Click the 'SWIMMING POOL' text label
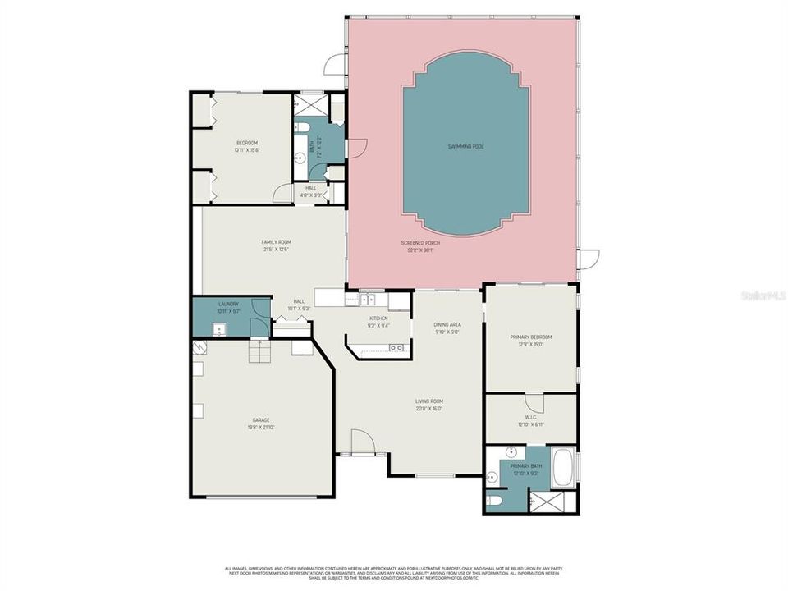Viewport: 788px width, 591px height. point(465,146)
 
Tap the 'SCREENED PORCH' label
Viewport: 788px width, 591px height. point(420,243)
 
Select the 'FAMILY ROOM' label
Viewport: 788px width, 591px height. point(276,242)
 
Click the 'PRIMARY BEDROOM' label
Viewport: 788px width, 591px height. point(530,337)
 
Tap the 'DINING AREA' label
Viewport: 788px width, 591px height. point(447,325)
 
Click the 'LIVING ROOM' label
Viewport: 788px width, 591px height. point(428,401)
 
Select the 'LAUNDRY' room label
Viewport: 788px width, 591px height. point(228,305)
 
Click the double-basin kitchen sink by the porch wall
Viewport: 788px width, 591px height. point(368,300)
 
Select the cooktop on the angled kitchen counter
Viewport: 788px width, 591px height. point(396,348)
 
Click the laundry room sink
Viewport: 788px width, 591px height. point(219,330)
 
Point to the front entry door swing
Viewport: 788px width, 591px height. point(362,442)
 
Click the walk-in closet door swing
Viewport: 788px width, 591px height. point(534,403)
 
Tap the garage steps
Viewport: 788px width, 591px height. point(259,352)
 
